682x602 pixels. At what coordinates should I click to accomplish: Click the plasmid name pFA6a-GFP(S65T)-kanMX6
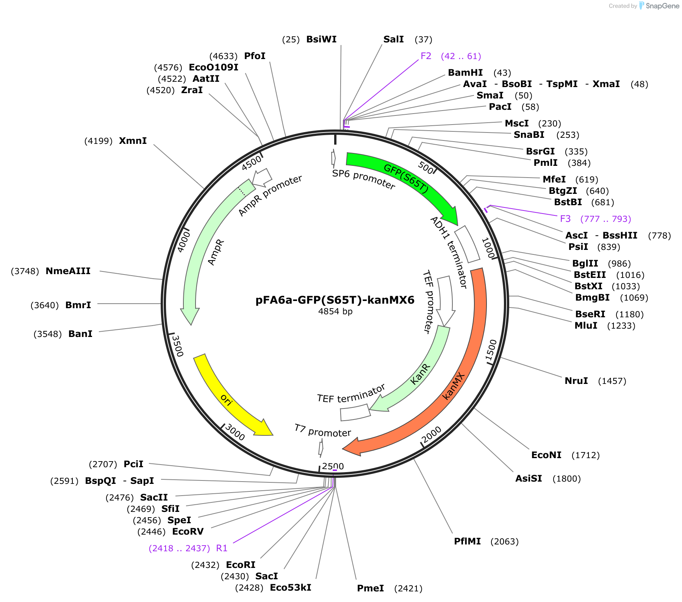(x=335, y=300)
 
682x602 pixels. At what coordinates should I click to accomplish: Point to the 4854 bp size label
(x=335, y=311)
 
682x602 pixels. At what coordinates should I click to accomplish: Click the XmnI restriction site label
(x=133, y=141)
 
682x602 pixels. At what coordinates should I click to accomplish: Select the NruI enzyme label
(x=576, y=381)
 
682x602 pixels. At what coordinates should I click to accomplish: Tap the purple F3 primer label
(x=565, y=219)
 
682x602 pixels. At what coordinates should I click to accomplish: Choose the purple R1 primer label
(x=222, y=548)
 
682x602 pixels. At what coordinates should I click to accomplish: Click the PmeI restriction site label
(x=371, y=588)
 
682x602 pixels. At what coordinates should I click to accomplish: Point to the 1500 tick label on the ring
(x=491, y=350)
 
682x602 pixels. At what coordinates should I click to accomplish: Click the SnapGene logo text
(x=662, y=6)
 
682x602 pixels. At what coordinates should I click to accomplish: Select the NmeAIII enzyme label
(x=68, y=271)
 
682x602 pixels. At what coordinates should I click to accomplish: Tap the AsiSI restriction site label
(x=529, y=479)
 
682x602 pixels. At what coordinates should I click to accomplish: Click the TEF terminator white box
(x=355, y=412)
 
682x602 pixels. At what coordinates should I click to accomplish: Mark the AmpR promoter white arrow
(x=262, y=178)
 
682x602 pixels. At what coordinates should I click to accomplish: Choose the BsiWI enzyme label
(x=321, y=39)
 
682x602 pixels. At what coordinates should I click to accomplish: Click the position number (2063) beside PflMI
(x=505, y=541)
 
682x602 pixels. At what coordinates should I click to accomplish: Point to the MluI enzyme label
(x=586, y=326)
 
